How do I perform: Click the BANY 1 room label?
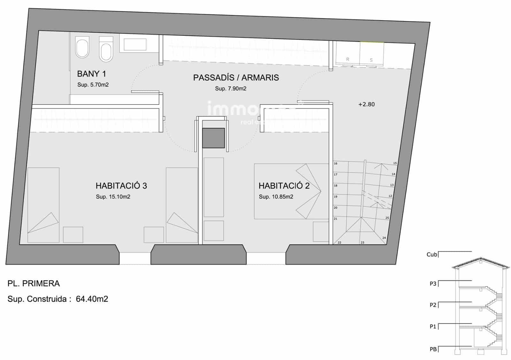coord(91,74)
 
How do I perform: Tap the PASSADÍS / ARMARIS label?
coord(236,78)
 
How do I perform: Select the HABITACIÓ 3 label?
coord(121,186)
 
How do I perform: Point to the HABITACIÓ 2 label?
coord(284,186)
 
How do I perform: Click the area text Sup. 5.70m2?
coord(93,85)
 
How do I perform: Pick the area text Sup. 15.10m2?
coord(113,197)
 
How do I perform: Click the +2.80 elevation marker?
coord(366,104)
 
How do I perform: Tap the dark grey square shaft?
coord(213,138)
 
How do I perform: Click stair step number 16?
coord(335,164)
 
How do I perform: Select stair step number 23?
coord(362,243)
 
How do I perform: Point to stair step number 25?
coord(387,218)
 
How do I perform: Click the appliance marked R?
coord(347,59)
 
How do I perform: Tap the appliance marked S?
coord(371,60)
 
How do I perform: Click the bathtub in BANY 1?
coord(135,44)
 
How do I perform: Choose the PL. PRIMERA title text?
coord(34,284)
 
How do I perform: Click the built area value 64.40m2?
coord(92,299)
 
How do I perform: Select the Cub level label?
coord(431,255)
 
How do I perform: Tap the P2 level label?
coord(433,305)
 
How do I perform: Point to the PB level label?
coord(433,349)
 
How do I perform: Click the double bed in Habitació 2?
coord(287,191)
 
